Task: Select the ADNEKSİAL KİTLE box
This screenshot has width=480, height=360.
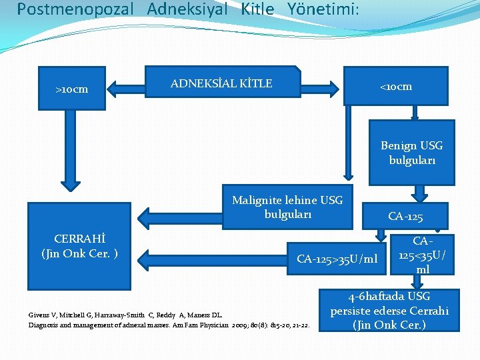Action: (223, 84)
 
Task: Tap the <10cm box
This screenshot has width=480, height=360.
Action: (396, 87)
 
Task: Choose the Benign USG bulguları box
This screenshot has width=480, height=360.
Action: (411, 152)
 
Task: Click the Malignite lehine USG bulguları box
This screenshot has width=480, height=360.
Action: (287, 207)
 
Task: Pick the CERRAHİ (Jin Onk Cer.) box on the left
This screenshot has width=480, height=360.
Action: (79, 246)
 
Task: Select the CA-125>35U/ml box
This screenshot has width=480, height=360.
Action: (337, 259)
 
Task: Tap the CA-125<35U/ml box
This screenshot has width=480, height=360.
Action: (423, 255)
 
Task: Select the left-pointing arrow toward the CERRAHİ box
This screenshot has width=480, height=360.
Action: (181, 215)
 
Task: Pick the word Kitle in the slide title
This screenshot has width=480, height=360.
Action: (257, 9)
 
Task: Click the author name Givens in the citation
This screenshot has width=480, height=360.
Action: (38, 315)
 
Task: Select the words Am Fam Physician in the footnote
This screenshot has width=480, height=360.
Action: (206, 325)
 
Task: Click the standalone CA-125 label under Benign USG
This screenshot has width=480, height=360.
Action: (405, 216)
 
